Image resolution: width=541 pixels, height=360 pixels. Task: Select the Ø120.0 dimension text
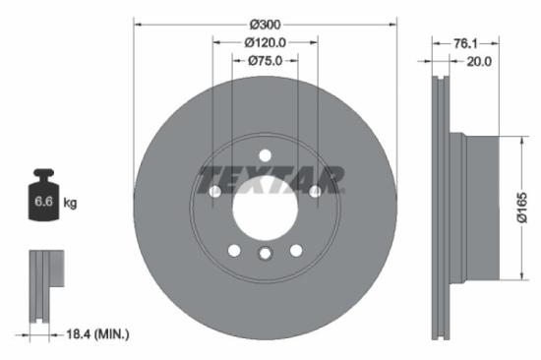265,42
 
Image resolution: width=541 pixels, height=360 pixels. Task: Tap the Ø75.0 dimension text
265,61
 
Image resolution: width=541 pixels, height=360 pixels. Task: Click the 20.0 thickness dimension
479,61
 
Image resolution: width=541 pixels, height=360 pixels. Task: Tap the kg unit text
70,203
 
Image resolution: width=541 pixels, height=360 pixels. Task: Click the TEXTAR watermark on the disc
271,180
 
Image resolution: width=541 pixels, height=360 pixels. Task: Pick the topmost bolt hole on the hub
265,153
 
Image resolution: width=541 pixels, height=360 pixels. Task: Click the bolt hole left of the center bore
215,191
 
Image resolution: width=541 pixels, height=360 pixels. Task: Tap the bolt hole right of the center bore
315,191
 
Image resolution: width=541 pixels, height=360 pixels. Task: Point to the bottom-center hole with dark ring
265,256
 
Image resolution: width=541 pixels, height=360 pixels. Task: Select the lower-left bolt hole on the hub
234,250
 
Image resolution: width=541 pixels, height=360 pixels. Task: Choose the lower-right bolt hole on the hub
295,250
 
